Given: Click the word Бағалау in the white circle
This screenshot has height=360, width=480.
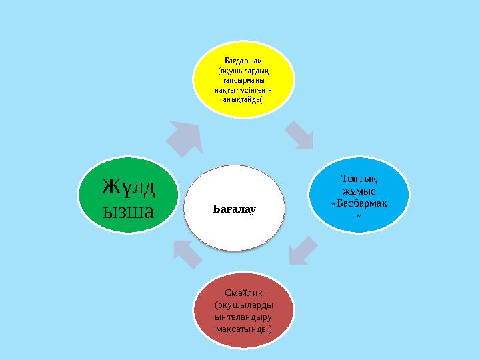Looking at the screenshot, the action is coord(234,209).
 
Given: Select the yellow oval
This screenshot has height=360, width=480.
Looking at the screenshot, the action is coord(244,79).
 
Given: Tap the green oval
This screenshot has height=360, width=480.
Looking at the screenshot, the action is coord(128,195).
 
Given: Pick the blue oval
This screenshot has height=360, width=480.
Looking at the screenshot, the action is coord(359,195).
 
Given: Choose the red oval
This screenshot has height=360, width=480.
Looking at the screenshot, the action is coord(244,310).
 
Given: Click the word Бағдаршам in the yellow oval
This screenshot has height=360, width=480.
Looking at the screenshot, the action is coord(243,61).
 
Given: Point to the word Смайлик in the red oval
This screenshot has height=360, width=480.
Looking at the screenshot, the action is coord(244,293).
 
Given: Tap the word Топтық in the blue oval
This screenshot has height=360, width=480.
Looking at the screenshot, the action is coord(359,179).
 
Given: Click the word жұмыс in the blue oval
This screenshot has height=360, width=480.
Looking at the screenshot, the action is coord(359,191).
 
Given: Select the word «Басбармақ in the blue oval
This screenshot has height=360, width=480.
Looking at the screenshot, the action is coord(359,203).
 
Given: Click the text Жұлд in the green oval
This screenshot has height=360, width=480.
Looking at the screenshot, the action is coord(128,186).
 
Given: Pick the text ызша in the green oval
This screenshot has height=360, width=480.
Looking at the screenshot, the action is coord(128,211).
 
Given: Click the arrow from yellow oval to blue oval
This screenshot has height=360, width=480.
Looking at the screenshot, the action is coord(300,135).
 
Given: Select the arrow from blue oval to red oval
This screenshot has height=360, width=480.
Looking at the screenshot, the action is coord(303,251).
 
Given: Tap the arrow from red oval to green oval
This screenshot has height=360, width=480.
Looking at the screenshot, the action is coord(187,254).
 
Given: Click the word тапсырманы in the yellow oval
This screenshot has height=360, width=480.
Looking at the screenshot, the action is coord(244,81).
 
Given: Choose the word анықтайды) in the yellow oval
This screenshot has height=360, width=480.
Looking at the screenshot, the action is coord(244,100).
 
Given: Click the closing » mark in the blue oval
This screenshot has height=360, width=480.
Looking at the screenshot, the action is coord(359,215).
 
